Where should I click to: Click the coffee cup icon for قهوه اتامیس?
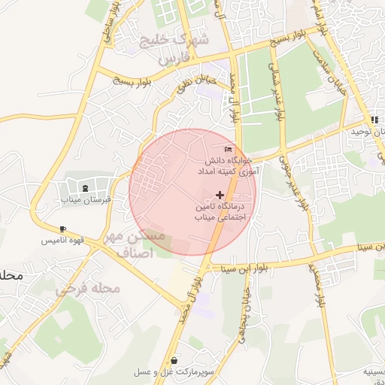62,229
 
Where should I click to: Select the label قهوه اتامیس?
62,241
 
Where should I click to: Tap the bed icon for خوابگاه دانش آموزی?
229,148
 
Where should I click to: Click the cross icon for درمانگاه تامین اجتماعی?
220,195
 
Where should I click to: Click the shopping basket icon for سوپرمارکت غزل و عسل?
174,360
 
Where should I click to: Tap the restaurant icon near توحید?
374,120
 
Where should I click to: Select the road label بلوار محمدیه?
320,282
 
